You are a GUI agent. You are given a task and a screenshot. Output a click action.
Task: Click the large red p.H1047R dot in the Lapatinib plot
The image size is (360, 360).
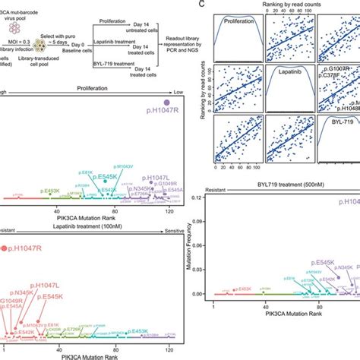point(5,248)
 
